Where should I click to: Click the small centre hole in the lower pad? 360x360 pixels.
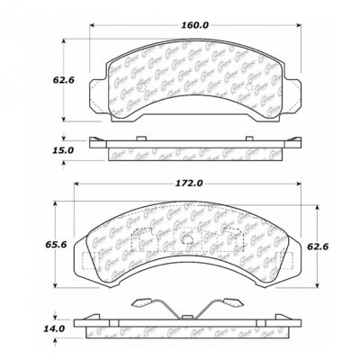(x=186, y=240)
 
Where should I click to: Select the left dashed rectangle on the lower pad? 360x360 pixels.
(x=141, y=243)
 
